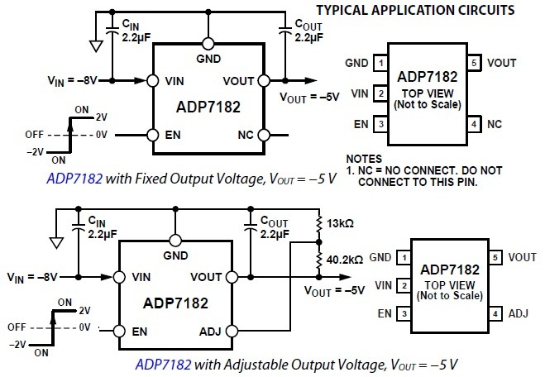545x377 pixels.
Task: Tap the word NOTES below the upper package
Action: (365, 157)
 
